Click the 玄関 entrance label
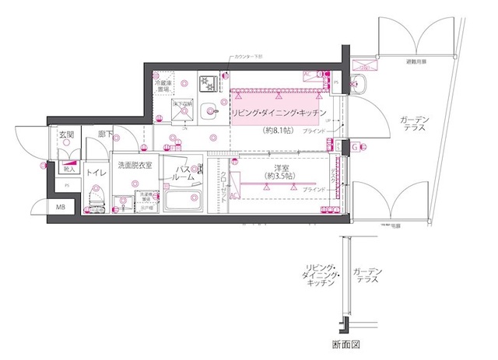[x=66, y=135]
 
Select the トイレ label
[x=96, y=173]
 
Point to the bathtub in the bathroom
[x=184, y=204]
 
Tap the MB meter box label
[x=61, y=207]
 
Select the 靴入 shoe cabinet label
[x=68, y=167]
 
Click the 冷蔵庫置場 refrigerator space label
[x=163, y=86]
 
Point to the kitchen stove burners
[x=209, y=82]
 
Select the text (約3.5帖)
[x=279, y=176]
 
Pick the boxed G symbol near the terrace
[x=353, y=146]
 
